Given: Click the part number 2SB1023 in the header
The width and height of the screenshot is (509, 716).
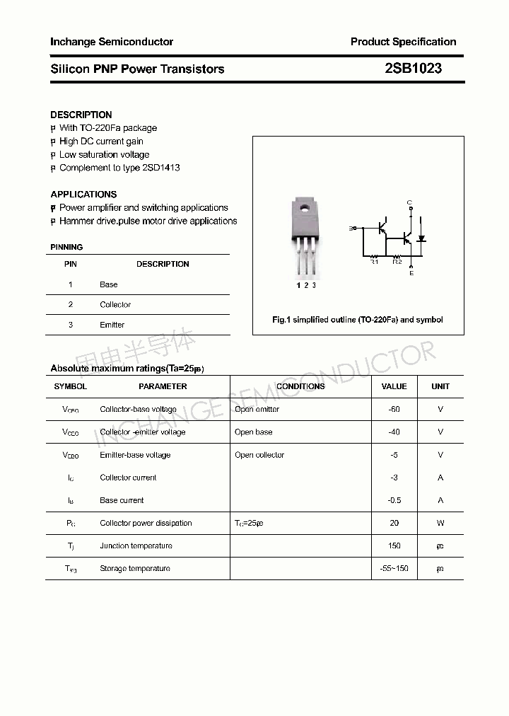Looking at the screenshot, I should (x=413, y=69).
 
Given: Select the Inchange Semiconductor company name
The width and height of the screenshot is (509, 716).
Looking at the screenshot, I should (x=112, y=42).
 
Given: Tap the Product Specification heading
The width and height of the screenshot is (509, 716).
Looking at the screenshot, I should (x=403, y=42).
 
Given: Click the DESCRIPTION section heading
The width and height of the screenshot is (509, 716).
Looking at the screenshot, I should (x=81, y=115).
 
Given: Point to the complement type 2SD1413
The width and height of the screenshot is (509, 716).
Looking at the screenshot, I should (x=161, y=168).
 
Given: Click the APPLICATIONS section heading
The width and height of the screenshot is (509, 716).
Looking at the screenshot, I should (x=83, y=194).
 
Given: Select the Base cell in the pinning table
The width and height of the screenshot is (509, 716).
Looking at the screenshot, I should (x=109, y=284).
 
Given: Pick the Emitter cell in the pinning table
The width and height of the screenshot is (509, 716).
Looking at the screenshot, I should (x=112, y=325).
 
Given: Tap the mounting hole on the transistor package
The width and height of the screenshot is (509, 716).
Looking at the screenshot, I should (x=305, y=208).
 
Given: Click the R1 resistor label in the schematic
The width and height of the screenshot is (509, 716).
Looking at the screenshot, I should (x=375, y=262).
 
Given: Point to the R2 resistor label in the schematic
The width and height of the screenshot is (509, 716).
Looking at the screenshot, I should (x=397, y=262).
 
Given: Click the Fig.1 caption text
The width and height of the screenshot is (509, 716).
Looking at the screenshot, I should (x=358, y=320).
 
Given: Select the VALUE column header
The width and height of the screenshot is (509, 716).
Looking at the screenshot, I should (x=394, y=386).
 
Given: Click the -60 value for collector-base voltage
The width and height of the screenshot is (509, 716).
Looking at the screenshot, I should (x=394, y=409).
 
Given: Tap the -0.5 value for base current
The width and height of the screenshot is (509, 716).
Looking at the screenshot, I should (x=394, y=500).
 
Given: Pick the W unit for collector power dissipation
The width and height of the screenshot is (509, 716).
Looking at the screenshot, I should (x=440, y=523).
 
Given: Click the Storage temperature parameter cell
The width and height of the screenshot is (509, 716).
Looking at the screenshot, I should (x=135, y=568).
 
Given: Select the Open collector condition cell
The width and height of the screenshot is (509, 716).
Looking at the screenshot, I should (x=259, y=455).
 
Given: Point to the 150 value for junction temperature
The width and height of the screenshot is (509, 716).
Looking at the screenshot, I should (x=394, y=545).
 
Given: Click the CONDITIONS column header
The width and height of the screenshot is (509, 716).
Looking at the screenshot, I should (x=300, y=386).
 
